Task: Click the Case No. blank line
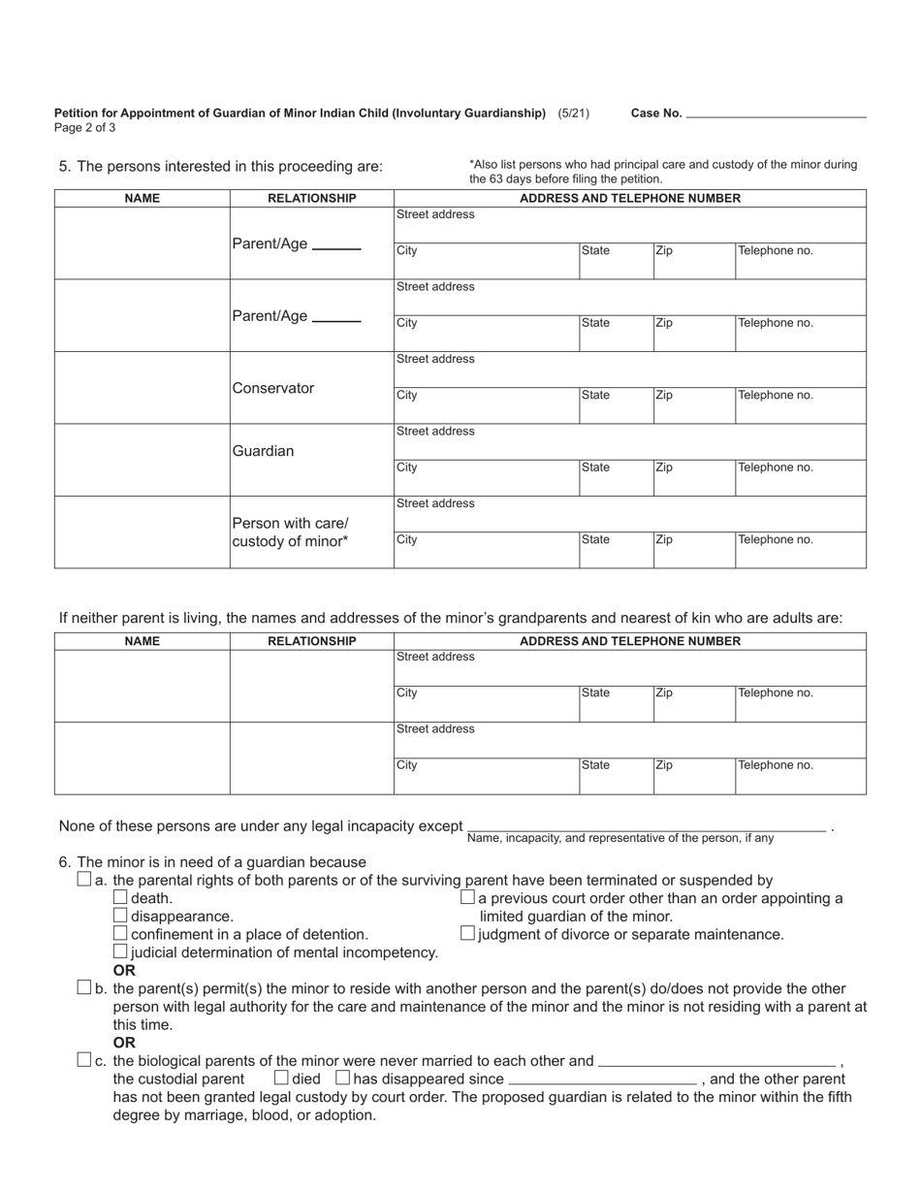click(776, 113)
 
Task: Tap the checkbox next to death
click(120, 897)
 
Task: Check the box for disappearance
click(120, 916)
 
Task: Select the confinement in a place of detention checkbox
click(120, 933)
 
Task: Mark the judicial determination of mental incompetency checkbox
click(120, 951)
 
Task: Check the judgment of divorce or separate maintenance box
click(468, 933)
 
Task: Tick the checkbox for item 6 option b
click(83, 987)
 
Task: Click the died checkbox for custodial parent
click(281, 1078)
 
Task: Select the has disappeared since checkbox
click(342, 1078)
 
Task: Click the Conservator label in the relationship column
click(273, 388)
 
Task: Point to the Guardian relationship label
click(263, 451)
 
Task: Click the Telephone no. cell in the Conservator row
click(800, 404)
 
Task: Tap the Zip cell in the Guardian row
click(693, 476)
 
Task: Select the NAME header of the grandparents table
click(143, 641)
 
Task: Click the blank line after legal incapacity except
click(646, 826)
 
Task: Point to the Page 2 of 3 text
click(85, 128)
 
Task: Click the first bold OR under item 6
click(124, 970)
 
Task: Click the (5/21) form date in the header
click(573, 113)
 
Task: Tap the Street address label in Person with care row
click(435, 503)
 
